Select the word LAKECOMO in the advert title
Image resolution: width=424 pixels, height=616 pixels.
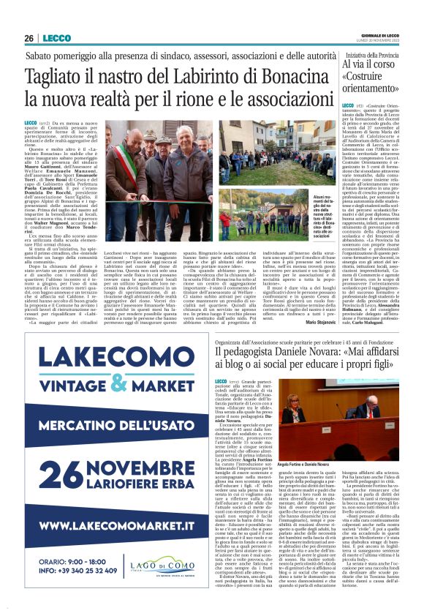pyautogui.click(x=120, y=360)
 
